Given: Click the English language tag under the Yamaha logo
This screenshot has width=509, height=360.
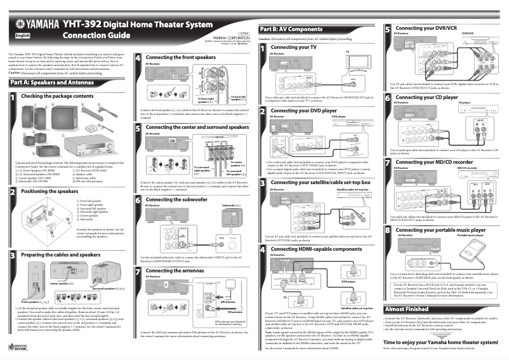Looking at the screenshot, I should point(22,36).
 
